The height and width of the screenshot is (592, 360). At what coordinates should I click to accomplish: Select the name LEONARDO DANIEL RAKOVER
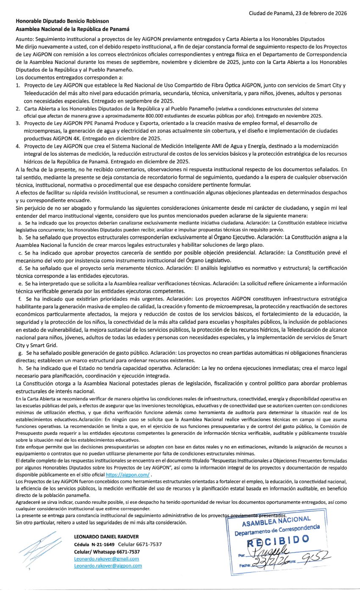click(x=106, y=536)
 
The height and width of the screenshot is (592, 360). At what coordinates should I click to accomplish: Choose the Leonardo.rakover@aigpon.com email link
click(x=108, y=566)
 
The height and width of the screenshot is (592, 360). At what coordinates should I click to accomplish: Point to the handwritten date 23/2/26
click(x=271, y=563)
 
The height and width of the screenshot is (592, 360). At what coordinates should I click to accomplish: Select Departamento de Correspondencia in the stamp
click(x=278, y=529)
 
